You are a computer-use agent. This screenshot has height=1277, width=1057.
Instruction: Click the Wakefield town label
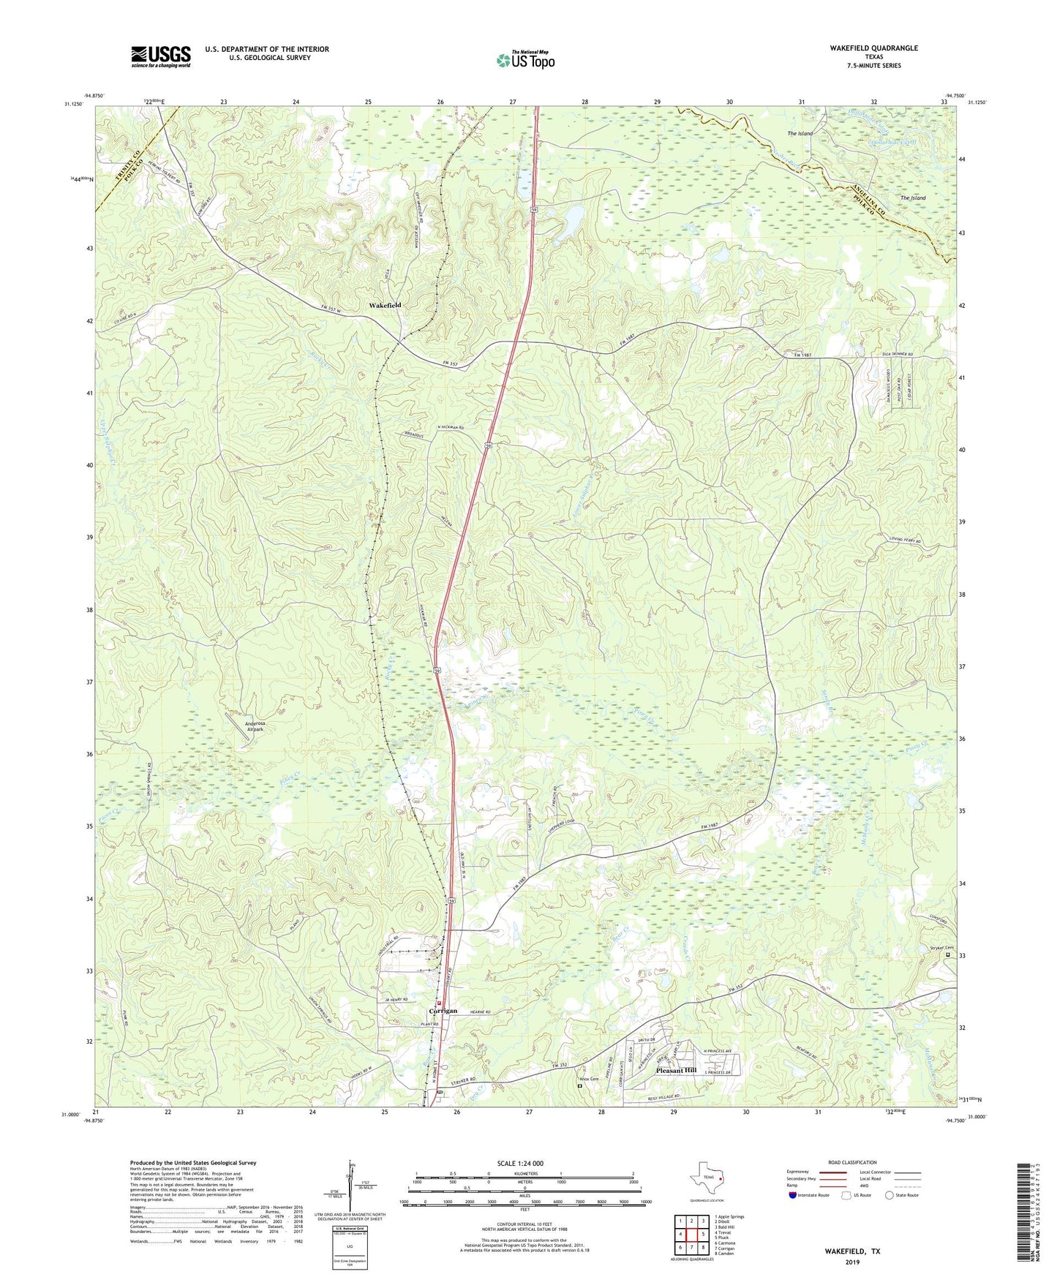[385, 305]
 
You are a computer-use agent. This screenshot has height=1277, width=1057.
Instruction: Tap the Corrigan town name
[443, 1011]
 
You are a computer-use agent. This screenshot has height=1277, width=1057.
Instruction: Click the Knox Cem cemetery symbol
[579, 1086]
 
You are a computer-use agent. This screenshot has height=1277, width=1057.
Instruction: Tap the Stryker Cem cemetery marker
[949, 954]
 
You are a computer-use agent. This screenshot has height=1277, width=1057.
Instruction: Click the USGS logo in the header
[161, 56]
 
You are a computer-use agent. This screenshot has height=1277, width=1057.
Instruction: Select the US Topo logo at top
[525, 60]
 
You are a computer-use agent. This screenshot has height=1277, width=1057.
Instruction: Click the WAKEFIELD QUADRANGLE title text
[873, 48]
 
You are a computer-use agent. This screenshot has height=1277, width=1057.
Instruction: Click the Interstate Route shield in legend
[794, 1195]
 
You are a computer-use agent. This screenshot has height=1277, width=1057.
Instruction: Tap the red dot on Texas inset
[720, 1178]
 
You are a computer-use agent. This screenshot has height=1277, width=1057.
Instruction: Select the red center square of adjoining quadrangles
[691, 1235]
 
